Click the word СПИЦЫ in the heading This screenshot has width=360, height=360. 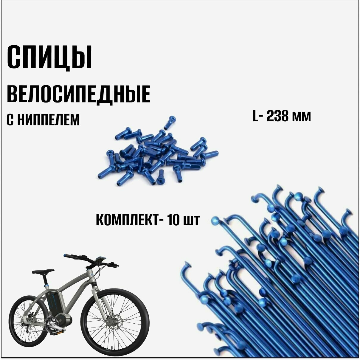(x=49, y=58)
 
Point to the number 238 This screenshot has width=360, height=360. (x=278, y=116)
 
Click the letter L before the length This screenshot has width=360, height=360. (x=255, y=116)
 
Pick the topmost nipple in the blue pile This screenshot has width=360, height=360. (x=170, y=122)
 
